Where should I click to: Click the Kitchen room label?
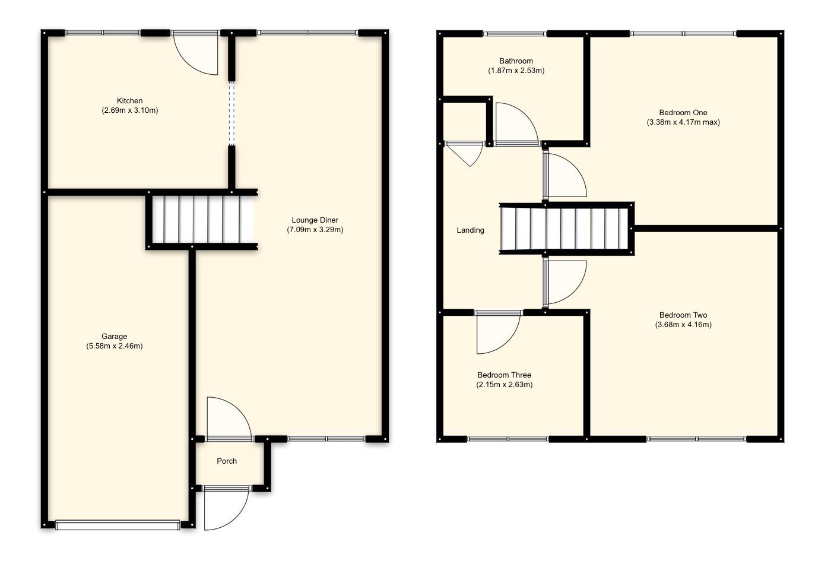click(x=129, y=100)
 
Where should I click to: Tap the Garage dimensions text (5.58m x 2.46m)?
click(x=114, y=346)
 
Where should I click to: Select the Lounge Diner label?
click(x=315, y=220)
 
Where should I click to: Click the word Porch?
click(x=227, y=461)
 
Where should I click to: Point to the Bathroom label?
click(x=516, y=61)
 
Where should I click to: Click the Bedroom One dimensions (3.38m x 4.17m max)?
click(x=683, y=122)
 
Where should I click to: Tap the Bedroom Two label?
click(x=683, y=315)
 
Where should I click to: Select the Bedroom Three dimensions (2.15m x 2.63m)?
click(x=504, y=385)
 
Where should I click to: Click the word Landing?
click(x=470, y=230)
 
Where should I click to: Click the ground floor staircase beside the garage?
click(x=202, y=219)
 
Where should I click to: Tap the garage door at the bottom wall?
click(x=117, y=525)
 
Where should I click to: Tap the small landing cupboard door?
click(x=467, y=153)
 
